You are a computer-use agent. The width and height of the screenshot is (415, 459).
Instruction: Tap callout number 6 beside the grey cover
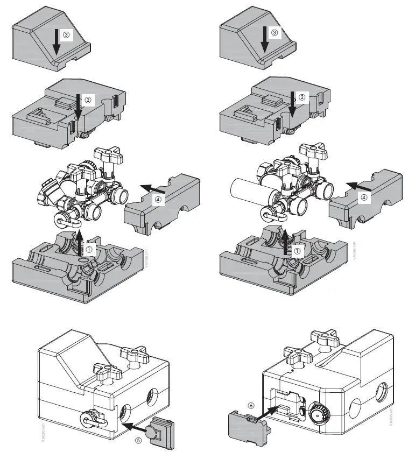tap(250, 404)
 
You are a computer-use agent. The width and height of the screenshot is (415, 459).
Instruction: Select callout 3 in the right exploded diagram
tap(275, 33)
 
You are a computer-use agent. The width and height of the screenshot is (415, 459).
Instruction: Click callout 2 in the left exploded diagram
tap(89, 100)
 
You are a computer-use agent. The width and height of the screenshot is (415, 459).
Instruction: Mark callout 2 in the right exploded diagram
tap(301, 97)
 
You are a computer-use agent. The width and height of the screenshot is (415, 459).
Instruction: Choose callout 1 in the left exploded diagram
tap(89, 249)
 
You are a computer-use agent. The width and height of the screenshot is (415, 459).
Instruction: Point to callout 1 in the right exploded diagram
tap(297, 250)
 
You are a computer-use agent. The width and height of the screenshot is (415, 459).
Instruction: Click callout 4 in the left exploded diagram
tap(158, 200)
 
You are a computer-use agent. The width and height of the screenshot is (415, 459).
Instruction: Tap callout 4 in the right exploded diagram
tap(365, 197)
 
